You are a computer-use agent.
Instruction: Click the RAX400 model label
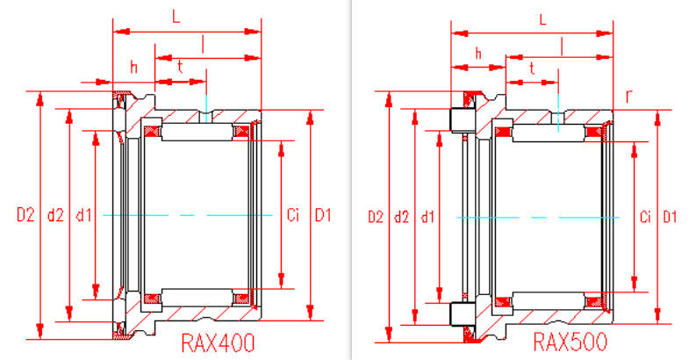(x=218, y=343)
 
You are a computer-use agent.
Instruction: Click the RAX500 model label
(x=570, y=342)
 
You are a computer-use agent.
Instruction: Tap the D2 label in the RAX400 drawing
(x=25, y=215)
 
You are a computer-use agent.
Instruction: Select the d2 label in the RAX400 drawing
(x=55, y=215)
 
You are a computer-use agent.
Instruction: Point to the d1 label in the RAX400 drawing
(x=83, y=215)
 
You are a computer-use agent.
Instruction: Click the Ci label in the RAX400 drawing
(x=293, y=215)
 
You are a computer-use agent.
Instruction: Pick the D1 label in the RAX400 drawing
(x=323, y=215)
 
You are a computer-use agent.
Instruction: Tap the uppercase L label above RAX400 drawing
(x=176, y=18)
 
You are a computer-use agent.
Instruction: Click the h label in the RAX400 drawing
(x=133, y=68)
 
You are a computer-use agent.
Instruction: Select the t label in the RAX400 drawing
(x=180, y=67)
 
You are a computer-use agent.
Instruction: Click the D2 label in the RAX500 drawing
(x=376, y=217)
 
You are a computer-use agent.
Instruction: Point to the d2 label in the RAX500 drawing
(x=402, y=217)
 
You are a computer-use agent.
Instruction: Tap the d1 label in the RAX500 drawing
(x=428, y=217)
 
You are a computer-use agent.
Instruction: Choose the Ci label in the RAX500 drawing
(x=646, y=217)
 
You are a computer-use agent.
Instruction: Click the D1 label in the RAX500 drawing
(x=671, y=217)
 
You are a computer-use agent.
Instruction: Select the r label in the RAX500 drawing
(x=628, y=97)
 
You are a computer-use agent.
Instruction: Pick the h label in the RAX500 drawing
(x=478, y=54)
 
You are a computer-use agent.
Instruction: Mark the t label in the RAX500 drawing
(x=532, y=68)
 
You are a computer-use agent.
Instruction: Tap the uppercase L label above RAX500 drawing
(x=542, y=19)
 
